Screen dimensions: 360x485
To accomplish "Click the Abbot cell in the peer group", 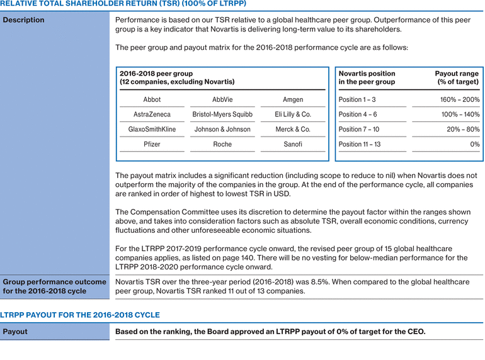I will (152, 99).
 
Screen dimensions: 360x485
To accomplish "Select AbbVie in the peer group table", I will (222, 99).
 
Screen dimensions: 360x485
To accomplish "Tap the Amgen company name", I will (293, 99).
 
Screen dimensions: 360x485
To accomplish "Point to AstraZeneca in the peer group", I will (152, 115).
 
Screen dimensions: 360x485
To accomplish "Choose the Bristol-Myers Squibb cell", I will (222, 115).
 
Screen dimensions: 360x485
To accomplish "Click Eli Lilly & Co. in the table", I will (293, 115).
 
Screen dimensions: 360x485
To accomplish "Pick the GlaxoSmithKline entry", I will (152, 129).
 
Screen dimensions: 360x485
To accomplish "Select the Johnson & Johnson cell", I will (222, 129).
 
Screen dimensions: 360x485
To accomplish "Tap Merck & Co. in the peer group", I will (293, 129).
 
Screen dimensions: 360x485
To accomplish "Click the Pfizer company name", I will (152, 144).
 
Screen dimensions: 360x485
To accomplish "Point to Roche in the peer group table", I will (222, 144).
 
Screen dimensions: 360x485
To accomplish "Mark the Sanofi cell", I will (293, 144).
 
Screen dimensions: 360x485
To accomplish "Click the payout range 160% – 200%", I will (459, 99).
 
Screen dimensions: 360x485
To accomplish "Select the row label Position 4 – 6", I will (358, 115).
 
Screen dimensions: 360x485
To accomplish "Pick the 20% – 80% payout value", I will (463, 129).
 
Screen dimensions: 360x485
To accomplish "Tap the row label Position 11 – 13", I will (360, 144).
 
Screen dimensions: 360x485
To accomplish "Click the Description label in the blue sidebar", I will (24, 20).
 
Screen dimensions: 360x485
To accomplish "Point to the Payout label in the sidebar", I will (15, 332).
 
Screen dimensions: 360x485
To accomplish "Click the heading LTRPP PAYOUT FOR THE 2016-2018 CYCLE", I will (80, 315).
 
